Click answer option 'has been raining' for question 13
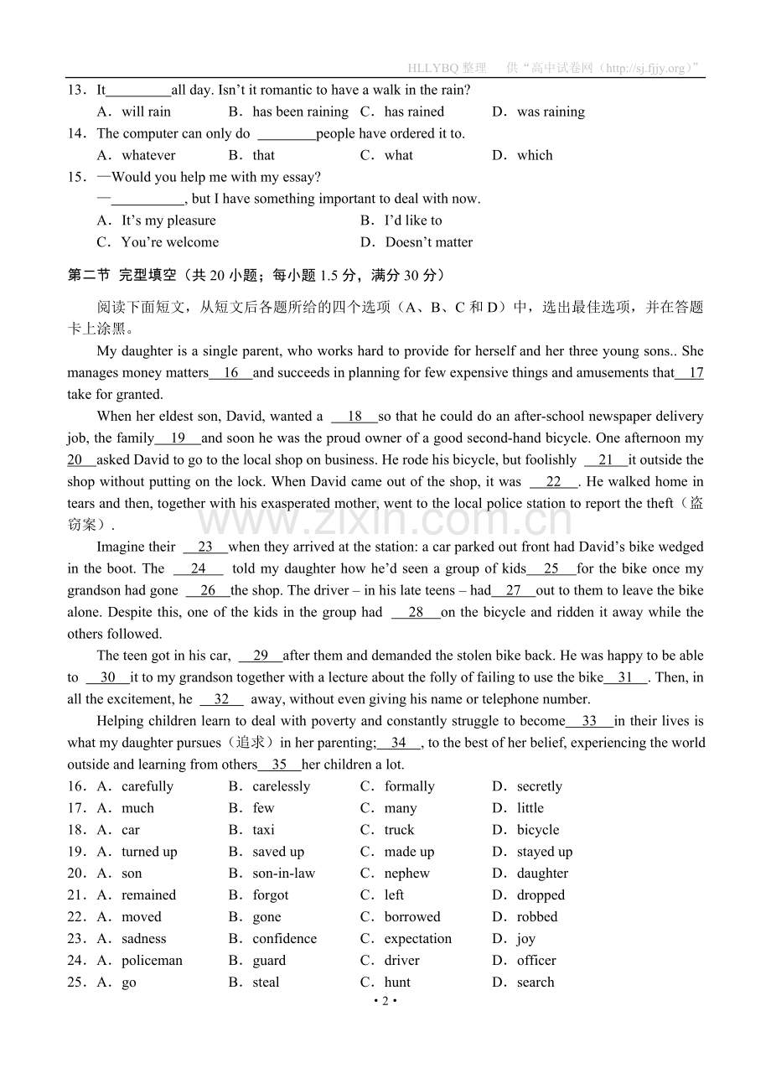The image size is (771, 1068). coord(300,111)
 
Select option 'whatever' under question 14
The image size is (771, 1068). coord(148,155)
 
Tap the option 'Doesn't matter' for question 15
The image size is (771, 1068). coord(428,242)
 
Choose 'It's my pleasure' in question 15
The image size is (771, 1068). coord(168,220)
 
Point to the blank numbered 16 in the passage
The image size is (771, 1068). coord(230,373)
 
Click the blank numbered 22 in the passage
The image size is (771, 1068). coord(554,482)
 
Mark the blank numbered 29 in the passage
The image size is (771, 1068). coord(261,656)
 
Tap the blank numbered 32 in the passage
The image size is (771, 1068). coord(221,700)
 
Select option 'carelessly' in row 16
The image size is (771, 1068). coord(281,786)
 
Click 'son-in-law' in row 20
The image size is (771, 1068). coord(283,874)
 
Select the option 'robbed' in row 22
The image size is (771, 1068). coord(536,917)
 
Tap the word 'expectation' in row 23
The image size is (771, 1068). coord(417,939)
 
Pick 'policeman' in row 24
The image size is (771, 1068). coord(152,961)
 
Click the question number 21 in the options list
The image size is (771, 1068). coord(75,895)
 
